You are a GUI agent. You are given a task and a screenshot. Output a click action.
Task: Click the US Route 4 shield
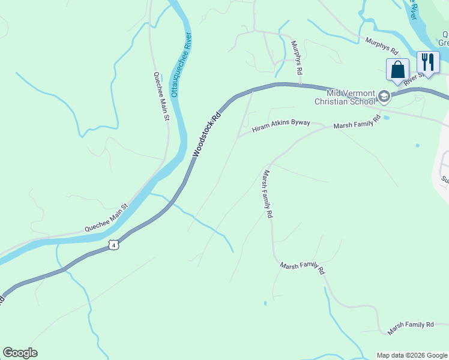coord(114,245)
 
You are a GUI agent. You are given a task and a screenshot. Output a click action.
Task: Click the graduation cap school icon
coord(384,96)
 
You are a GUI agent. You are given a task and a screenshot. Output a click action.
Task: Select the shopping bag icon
coord(397,70)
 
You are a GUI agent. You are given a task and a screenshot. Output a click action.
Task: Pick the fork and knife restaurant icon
coord(428,62)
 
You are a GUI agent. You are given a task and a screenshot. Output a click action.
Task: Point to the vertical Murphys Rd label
coord(296,58)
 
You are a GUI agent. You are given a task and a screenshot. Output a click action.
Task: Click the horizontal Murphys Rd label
coord(382,44)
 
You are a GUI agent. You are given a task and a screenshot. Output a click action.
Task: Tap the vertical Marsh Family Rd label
coord(268,193)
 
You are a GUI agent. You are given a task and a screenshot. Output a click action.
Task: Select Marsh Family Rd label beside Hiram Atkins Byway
coord(357,122)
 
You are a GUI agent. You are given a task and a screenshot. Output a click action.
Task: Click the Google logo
coord(20,353)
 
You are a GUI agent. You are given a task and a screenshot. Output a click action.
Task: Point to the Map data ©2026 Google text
coord(412,355)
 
